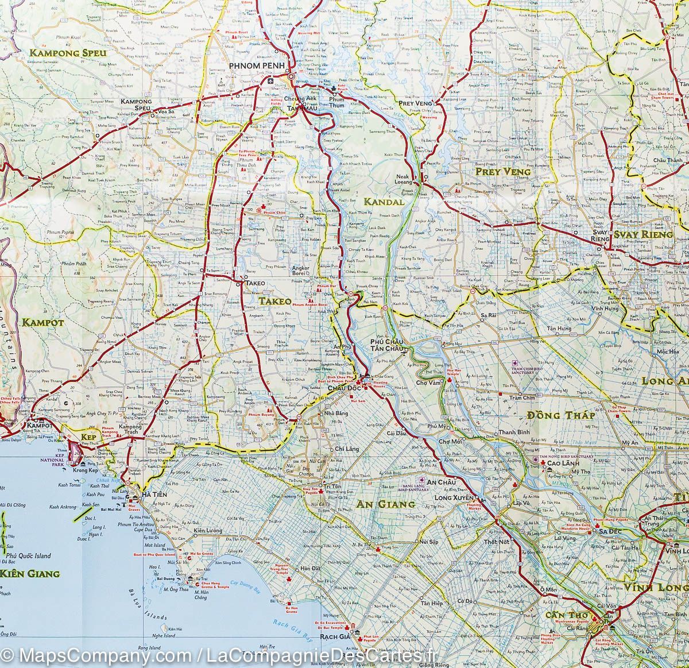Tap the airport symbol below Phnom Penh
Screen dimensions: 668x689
coord(271,81)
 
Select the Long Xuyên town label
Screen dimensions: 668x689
coord(454,497)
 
